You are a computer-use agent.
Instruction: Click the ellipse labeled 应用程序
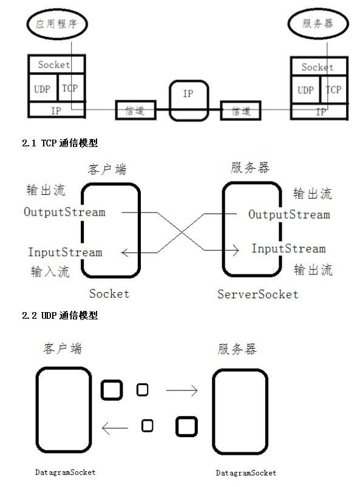coord(56,24)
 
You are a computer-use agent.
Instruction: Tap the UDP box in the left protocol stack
coord(42,88)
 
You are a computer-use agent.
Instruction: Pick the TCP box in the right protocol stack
coord(333,90)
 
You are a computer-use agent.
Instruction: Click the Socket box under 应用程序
coord(54,64)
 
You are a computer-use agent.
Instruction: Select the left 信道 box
coord(135,111)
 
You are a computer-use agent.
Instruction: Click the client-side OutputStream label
coord(64,213)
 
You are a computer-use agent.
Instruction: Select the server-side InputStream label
coord(288,249)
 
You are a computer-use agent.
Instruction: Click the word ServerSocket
coord(258,295)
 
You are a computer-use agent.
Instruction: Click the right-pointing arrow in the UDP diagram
coord(182,391)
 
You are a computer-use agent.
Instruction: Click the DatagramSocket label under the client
coord(64,472)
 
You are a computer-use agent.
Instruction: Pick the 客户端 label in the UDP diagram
coord(63,349)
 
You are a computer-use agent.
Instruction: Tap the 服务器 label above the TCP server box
coord(250,168)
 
